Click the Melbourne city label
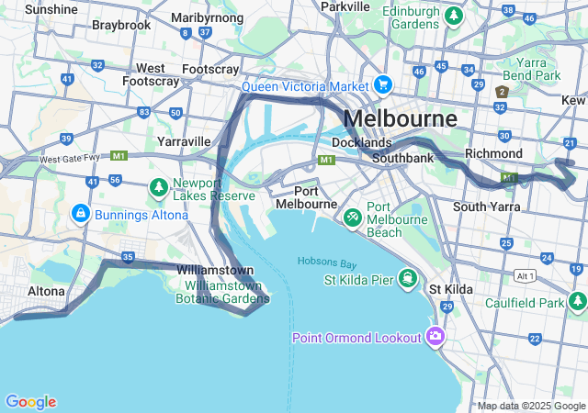click(x=400, y=119)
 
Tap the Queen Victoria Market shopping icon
click(x=382, y=86)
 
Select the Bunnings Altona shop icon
click(x=81, y=214)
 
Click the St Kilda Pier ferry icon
click(x=406, y=278)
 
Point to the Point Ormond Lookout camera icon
click(x=435, y=336)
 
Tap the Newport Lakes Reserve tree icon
click(x=158, y=188)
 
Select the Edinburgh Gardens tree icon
click(x=453, y=17)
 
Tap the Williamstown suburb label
click(x=215, y=271)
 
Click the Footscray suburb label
click(x=210, y=69)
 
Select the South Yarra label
click(x=487, y=206)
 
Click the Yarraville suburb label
click(x=184, y=142)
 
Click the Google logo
click(x=30, y=401)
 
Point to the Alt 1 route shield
click(x=525, y=275)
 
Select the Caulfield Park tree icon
click(x=577, y=301)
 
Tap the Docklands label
click(x=361, y=143)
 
